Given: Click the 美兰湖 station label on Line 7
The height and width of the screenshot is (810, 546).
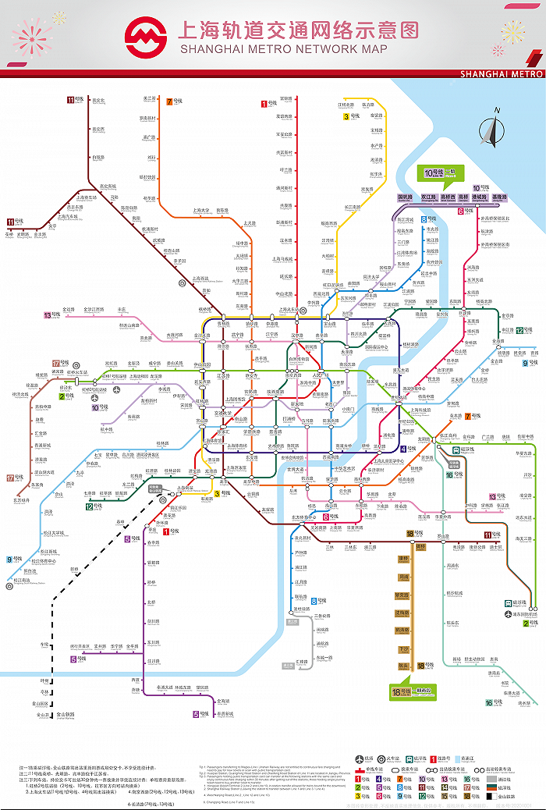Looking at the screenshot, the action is (150, 98).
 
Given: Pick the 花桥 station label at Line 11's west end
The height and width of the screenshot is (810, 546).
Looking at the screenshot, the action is (9, 233).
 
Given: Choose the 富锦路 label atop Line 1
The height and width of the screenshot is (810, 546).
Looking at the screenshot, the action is (285, 98).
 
